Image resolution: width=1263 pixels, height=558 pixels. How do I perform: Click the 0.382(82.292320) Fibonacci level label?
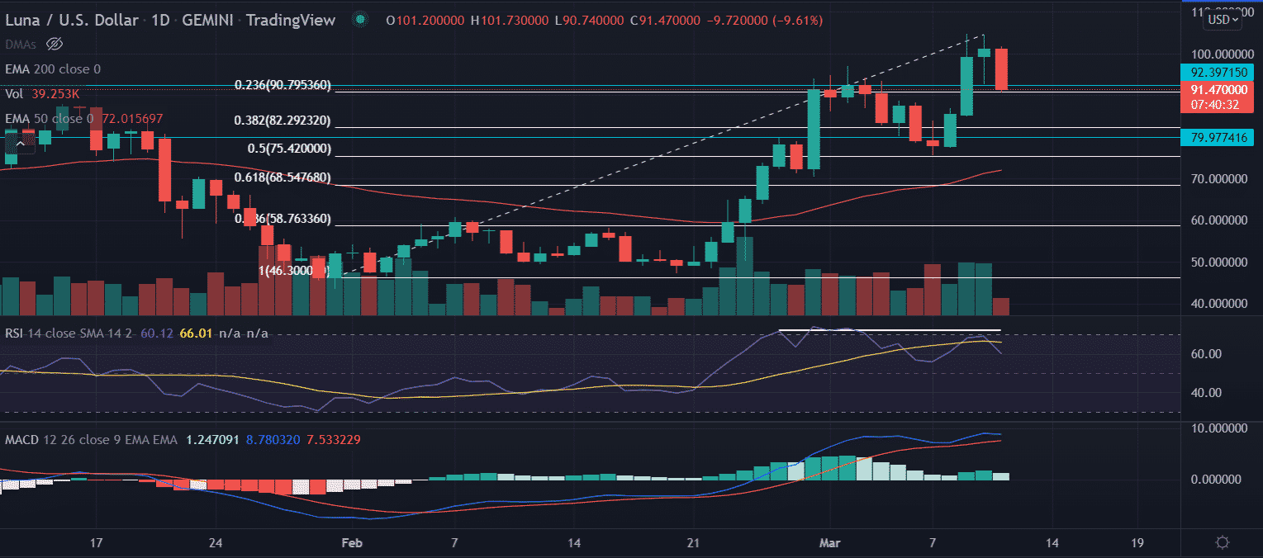point(283,121)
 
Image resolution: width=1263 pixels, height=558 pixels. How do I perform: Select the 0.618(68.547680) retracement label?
point(283,177)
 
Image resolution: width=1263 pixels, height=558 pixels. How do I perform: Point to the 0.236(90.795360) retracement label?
point(283,84)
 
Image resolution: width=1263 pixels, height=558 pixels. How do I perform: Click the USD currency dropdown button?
point(1223,21)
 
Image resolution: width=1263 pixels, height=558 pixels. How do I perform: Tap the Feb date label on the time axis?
point(353,542)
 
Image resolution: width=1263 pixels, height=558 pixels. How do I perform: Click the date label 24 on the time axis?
point(216,542)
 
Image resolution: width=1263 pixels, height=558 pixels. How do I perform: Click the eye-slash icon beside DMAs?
point(55,43)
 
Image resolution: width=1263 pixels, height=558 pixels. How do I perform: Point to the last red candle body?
point(1001,69)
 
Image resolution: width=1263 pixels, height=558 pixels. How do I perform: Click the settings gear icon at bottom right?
point(1223,542)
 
